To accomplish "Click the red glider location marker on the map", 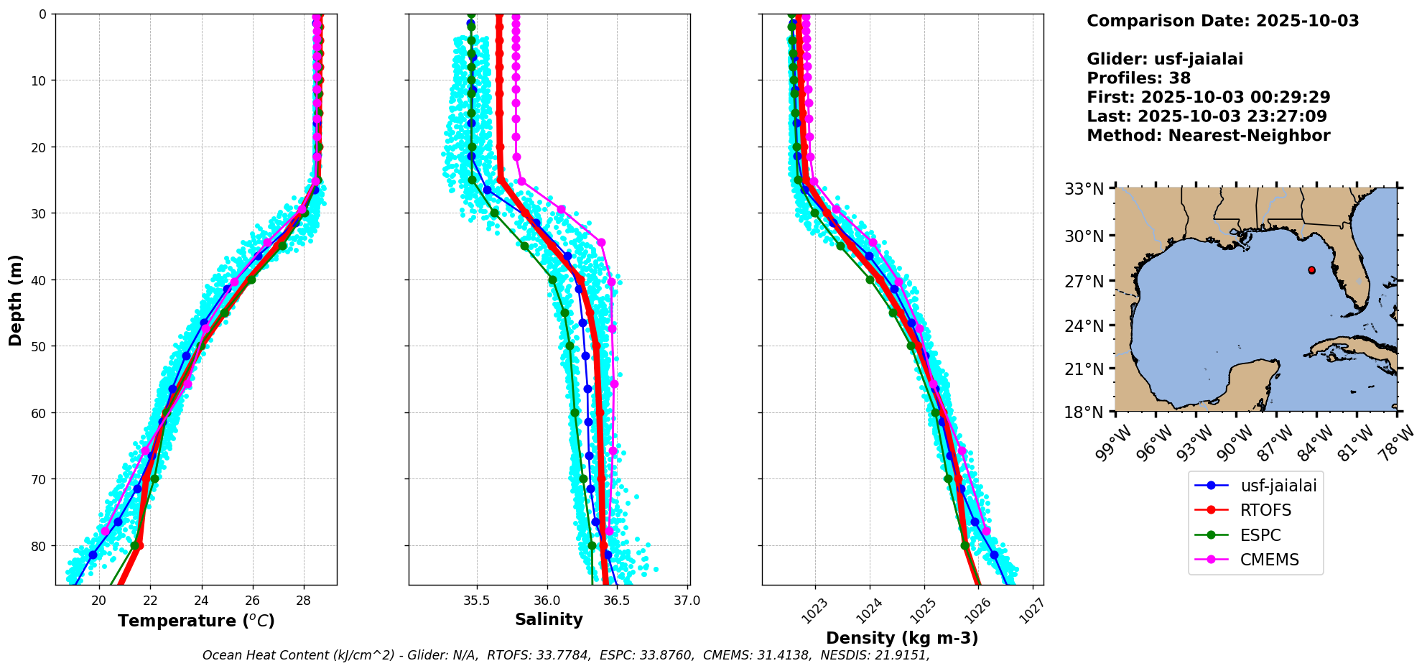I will point(1311,270).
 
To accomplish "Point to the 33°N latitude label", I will point(1084,189).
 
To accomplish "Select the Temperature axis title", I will point(196,621).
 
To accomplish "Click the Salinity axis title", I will point(549,619).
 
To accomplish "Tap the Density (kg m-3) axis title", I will point(902,638).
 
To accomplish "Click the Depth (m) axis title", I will point(15,300).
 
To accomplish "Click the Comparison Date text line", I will point(1222,21).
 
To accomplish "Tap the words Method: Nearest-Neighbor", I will point(1208,136).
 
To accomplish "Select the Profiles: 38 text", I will point(1138,78).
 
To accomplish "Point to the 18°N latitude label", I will point(1084,412).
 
